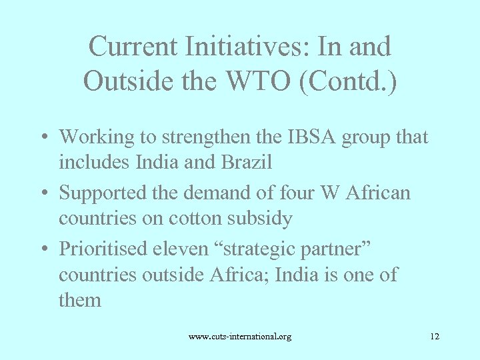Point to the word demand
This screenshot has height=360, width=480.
[239, 193]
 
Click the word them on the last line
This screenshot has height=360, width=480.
[80, 300]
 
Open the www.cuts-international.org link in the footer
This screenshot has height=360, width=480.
[239, 337]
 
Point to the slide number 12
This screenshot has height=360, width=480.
[435, 337]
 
